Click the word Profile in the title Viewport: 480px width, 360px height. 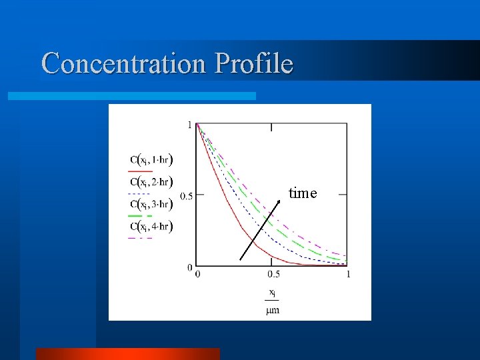(254, 64)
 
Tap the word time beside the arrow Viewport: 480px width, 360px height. (303, 193)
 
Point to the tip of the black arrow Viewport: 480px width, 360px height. (279, 199)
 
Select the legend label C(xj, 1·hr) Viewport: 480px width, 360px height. (152, 160)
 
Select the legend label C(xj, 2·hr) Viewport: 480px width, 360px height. (152, 182)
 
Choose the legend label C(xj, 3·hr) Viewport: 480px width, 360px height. (152, 204)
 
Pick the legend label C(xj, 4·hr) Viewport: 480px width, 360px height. (152, 227)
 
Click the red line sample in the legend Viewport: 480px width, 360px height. (141, 171)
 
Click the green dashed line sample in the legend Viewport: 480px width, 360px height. (141, 216)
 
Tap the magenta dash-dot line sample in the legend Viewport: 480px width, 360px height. (141, 238)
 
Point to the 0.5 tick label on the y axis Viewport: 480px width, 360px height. (186, 196)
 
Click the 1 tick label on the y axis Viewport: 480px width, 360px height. (190, 125)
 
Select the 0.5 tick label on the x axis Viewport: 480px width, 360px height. (273, 274)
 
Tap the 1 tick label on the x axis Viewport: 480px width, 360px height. (347, 274)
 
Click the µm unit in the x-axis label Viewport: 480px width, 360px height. (273, 311)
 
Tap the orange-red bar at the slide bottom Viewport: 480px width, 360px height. (127, 353)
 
